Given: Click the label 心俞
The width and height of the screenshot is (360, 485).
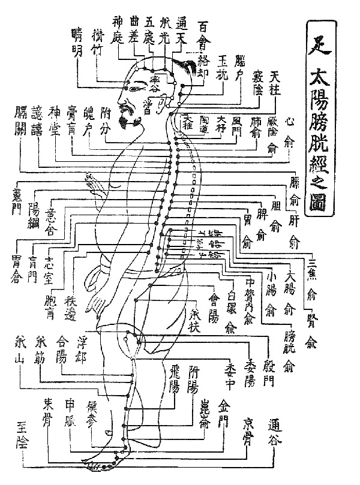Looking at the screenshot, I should point(292,132).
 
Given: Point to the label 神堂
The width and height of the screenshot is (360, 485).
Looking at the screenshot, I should point(55,121).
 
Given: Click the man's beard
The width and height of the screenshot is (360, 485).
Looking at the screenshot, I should point(128,118).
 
